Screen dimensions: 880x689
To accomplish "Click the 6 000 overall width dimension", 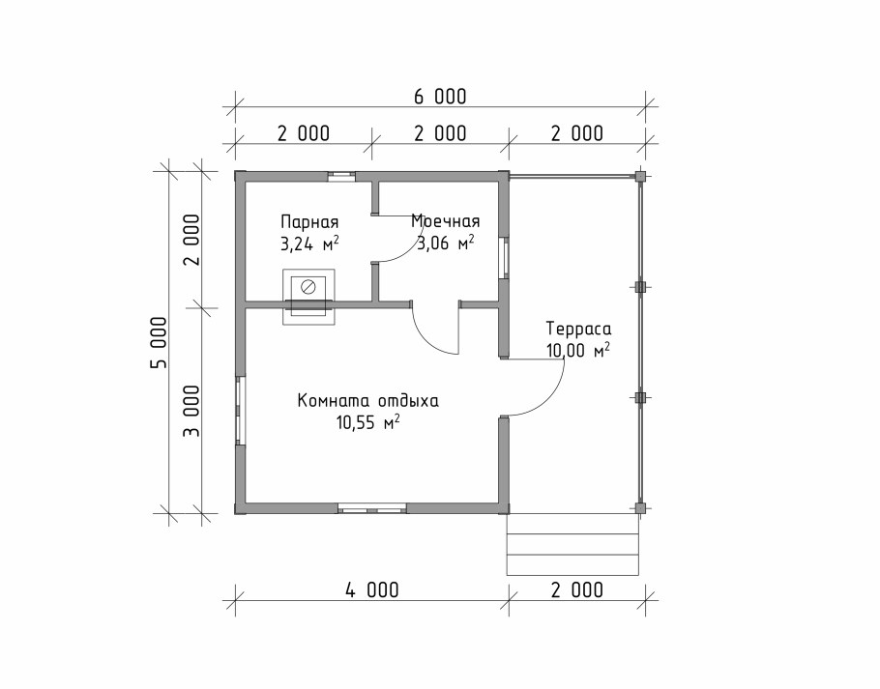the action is coord(440,97).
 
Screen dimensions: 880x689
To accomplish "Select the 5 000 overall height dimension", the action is coord(160,342).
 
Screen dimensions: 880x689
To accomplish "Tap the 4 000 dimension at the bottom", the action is coord(372,589).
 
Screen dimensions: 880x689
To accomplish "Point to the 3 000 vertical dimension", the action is coord(191,411).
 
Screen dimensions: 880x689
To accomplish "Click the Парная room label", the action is coord(309,221).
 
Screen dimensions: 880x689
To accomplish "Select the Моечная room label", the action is coord(446,221).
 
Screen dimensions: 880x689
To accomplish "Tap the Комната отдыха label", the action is coord(368,401).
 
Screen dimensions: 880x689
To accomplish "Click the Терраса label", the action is coord(578,329).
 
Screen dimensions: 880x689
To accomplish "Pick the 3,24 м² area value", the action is coord(309,244).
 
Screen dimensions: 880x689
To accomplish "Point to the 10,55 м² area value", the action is coord(368,421).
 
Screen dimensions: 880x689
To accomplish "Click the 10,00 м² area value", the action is coord(578,350).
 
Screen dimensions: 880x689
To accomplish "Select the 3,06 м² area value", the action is coord(446,243).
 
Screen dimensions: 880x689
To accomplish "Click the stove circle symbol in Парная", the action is coord(308,288).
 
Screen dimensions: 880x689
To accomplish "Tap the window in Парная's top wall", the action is coord(341,176).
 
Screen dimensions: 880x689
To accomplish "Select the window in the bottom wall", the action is coord(372,509).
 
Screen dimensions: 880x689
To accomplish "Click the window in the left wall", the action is coord(240,411).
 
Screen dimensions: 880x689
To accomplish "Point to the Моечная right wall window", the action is coord(505,258).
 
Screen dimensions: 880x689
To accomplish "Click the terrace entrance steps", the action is coord(572,544).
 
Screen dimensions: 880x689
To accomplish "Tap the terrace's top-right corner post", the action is coord(640,176).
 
